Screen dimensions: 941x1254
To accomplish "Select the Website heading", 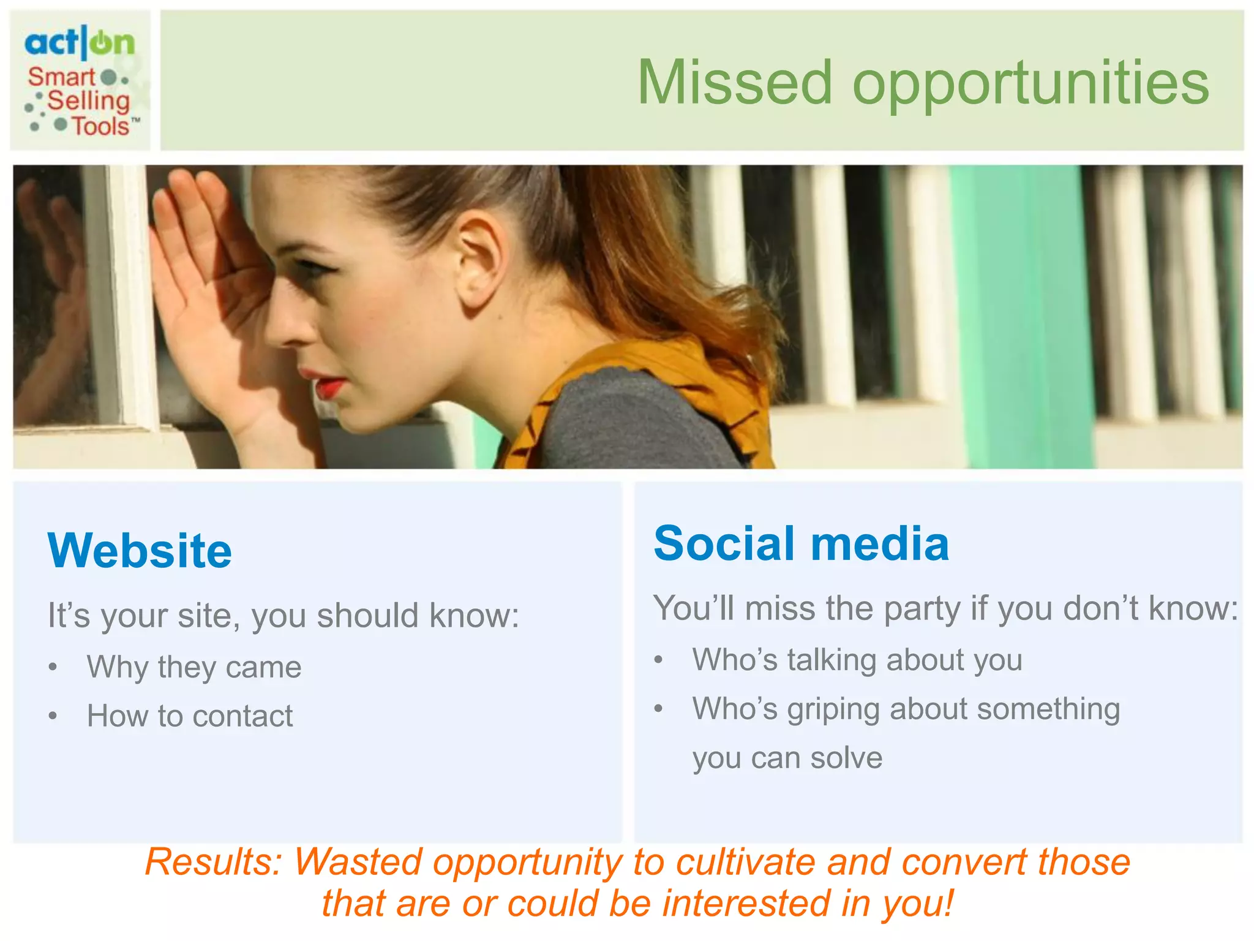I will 140,550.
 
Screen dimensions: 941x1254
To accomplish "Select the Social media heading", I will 801,543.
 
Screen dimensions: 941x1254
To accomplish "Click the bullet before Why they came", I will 53,667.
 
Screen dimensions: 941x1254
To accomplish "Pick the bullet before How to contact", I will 53,716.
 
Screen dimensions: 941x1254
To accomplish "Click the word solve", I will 846,758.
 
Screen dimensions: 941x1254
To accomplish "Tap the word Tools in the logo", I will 101,126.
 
